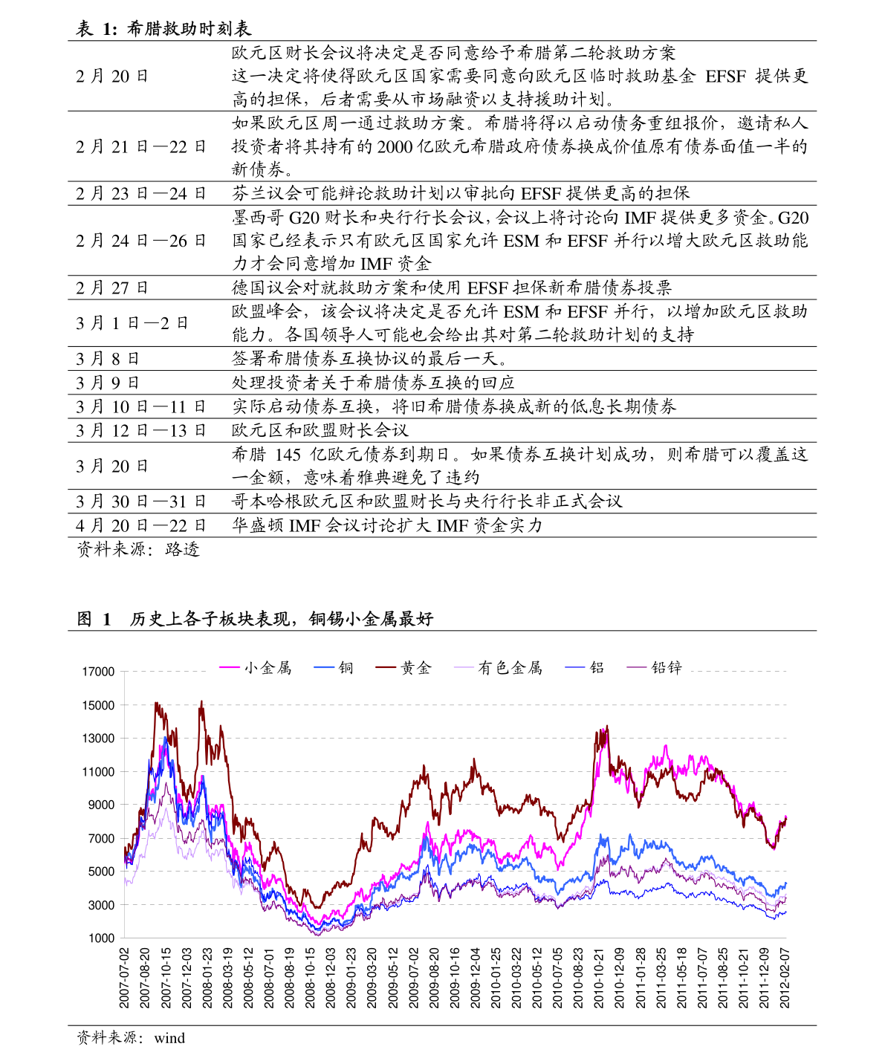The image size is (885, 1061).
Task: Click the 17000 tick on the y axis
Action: click(98, 672)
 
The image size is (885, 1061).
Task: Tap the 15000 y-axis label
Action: click(98, 705)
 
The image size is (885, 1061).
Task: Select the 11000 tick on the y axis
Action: click(98, 772)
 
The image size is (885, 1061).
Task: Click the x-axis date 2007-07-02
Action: click(124, 977)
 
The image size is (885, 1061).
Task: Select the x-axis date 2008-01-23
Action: click(207, 977)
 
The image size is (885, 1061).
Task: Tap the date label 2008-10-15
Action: click(310, 977)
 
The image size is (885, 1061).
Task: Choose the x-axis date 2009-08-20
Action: click(434, 977)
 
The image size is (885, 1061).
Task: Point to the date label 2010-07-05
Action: click(558, 977)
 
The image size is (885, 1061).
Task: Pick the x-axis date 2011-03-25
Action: click(661, 977)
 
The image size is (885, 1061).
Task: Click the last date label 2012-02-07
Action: click(785, 977)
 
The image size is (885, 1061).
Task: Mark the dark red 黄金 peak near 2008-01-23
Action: click(201, 701)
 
